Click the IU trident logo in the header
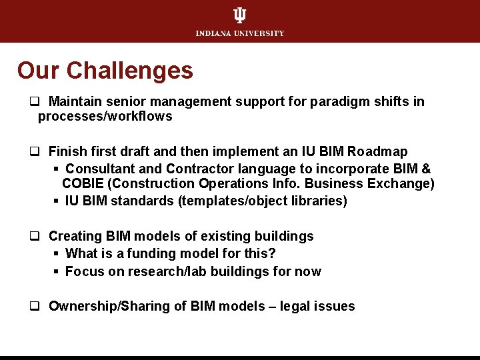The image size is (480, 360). point(239,15)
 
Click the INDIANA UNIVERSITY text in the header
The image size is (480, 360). point(240,33)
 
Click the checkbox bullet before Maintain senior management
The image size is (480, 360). point(33,103)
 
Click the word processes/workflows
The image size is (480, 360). point(105,117)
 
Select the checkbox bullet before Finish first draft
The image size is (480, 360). point(33,153)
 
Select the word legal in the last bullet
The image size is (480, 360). point(297,307)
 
